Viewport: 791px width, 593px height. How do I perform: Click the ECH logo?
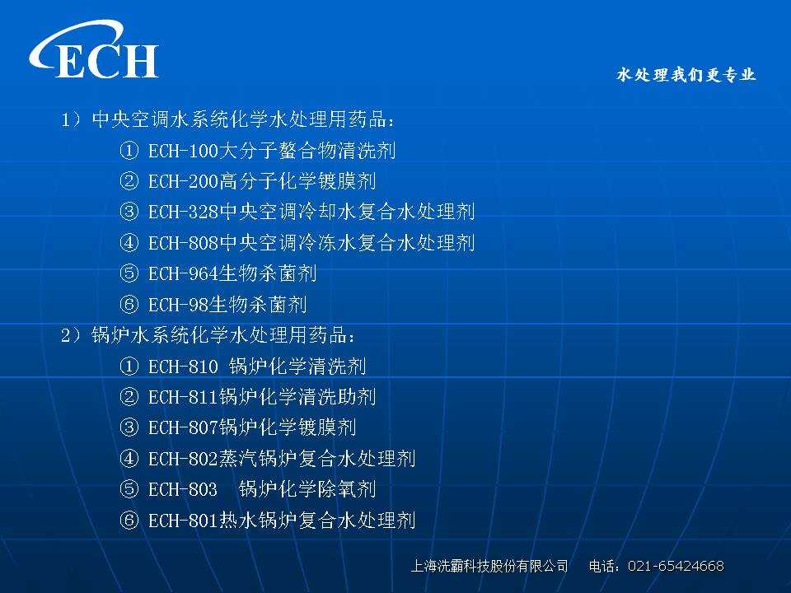tap(94, 49)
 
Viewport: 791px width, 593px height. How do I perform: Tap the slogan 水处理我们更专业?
tap(686, 75)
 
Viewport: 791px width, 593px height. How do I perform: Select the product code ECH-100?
tap(183, 151)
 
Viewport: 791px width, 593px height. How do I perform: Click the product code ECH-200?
tap(183, 181)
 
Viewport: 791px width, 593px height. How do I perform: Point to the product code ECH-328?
tap(183, 212)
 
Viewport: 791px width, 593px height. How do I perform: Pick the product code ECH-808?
tap(183, 243)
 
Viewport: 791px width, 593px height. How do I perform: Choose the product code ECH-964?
tap(183, 273)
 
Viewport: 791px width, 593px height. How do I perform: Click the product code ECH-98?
tap(178, 305)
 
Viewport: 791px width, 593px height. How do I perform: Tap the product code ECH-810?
tap(183, 367)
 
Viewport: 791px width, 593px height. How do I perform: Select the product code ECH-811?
tap(183, 397)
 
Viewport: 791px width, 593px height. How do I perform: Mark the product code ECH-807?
tap(183, 428)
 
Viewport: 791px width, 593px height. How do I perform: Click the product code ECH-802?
tap(183, 459)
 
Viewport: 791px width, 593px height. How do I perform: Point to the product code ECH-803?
tap(183, 489)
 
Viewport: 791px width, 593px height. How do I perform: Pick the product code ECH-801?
tap(183, 521)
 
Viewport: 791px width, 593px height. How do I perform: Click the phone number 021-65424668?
tap(676, 567)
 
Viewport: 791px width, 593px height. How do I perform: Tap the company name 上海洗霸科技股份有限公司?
tap(489, 567)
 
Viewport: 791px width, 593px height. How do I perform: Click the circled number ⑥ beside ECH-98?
tap(129, 305)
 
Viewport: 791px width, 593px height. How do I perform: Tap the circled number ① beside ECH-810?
tap(129, 367)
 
